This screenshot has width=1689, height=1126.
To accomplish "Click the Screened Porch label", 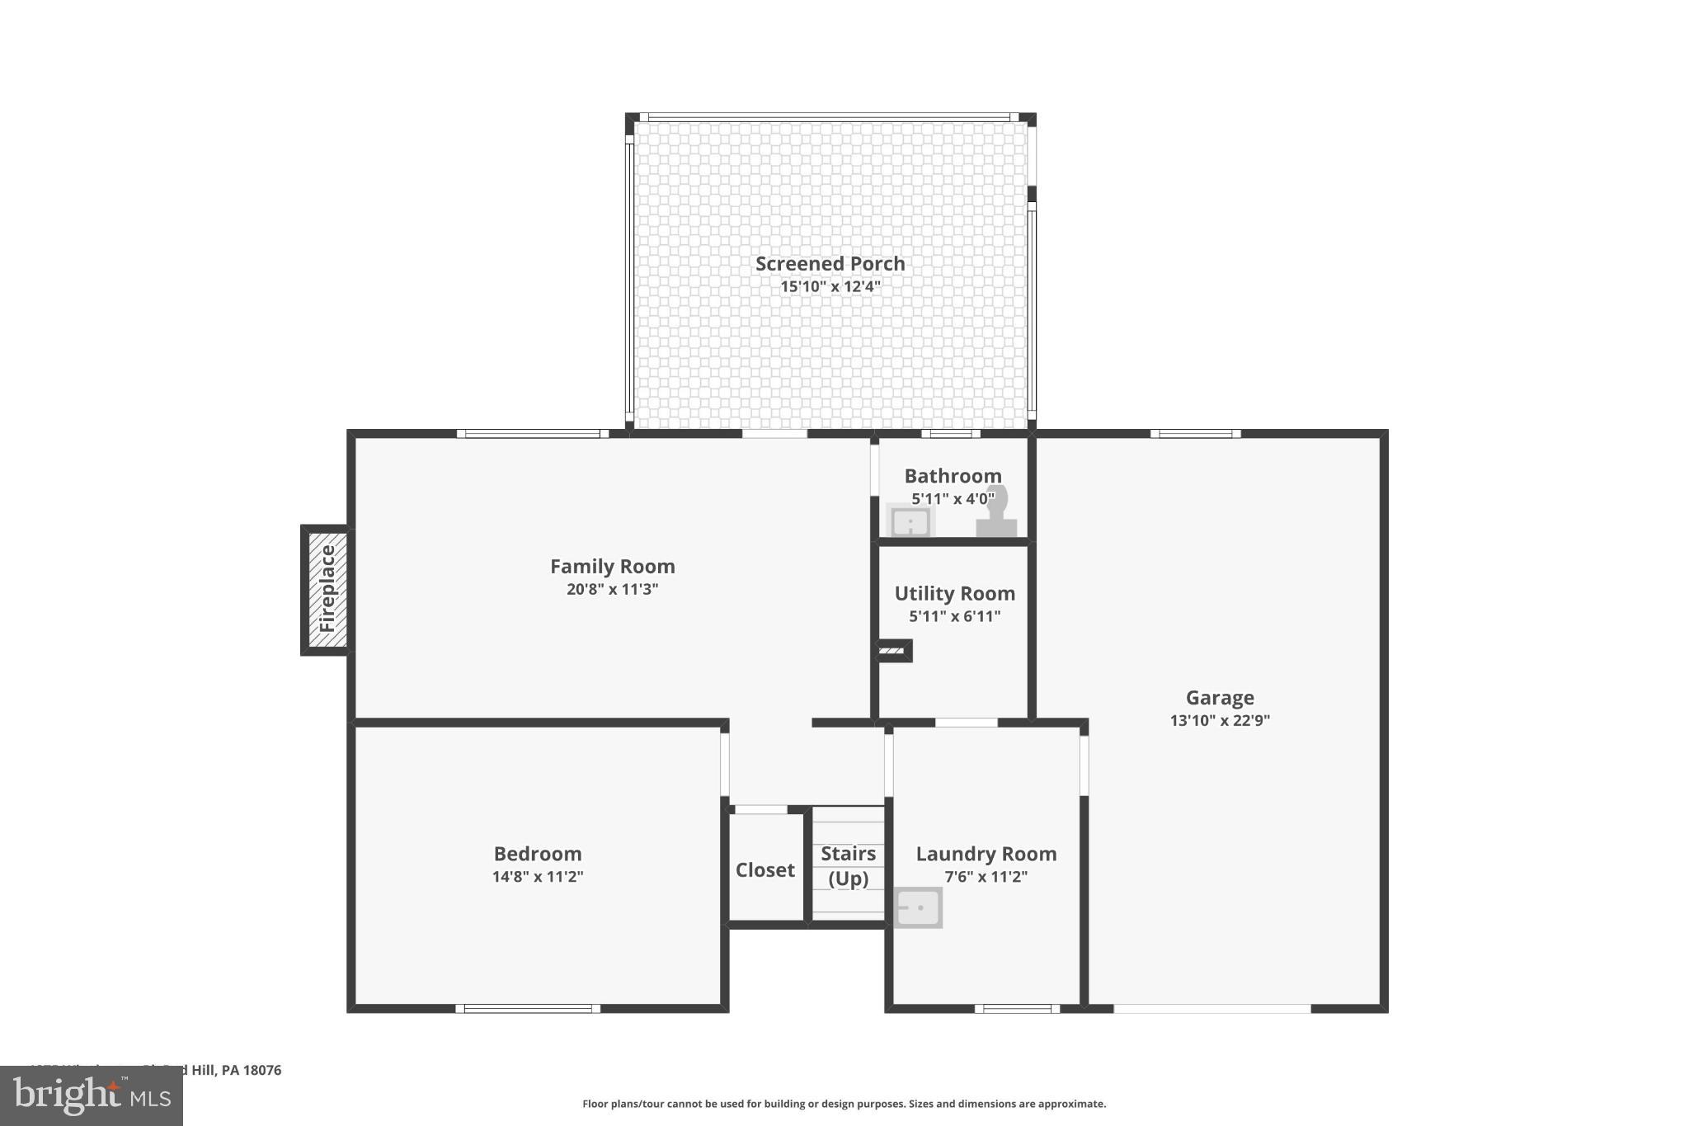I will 830,264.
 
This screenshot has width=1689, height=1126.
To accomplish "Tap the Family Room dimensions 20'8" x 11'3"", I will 612,589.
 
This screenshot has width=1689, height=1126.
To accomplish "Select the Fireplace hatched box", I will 327,589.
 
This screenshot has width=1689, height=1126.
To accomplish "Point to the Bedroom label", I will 538,854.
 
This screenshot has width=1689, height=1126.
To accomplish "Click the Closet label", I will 765,870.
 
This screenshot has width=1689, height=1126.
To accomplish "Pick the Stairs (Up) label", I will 848,865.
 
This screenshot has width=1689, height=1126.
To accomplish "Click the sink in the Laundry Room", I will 918,907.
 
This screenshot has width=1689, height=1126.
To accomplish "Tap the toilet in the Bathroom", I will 997,513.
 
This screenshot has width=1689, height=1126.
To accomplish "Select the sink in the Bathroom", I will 910,522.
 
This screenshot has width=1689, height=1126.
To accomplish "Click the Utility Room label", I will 954,594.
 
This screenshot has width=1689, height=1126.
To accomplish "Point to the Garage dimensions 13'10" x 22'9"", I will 1220,720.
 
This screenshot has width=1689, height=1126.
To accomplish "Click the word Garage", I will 1220,698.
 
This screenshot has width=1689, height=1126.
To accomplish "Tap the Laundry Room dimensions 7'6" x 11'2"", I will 986,877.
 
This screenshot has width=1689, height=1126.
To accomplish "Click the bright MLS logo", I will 92,1095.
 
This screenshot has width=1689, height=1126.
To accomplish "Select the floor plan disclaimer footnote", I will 844,1104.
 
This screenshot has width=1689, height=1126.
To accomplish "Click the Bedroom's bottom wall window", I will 528,1008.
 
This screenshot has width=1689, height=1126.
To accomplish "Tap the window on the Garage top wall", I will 1195,434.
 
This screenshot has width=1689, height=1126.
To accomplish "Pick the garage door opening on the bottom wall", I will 1211,1008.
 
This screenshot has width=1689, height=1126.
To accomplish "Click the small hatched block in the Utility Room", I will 892,651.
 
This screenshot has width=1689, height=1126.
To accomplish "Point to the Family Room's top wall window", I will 532,434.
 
